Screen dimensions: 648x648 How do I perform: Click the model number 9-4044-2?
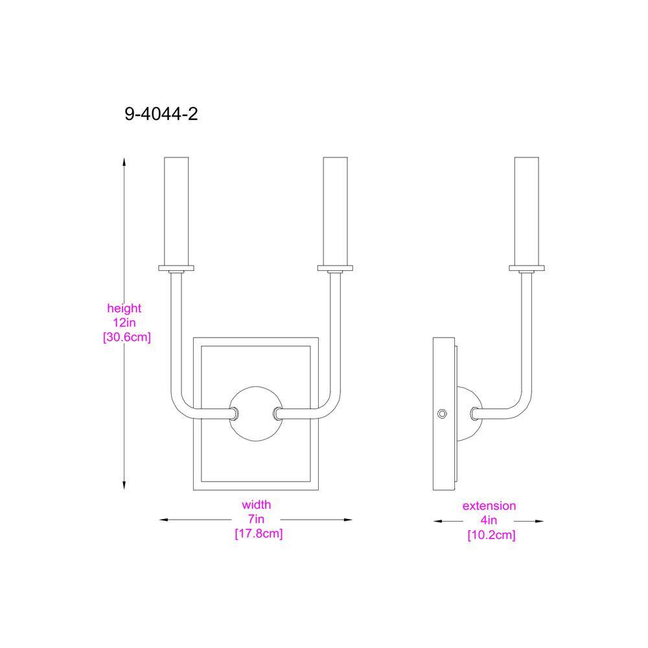pos(161,115)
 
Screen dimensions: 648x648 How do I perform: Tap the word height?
pos(124,309)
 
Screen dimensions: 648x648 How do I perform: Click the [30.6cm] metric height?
pos(127,337)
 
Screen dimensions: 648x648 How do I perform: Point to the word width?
pos(257,505)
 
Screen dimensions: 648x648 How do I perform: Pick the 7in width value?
pos(257,519)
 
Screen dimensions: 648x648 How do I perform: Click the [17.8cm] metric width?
pos(259,535)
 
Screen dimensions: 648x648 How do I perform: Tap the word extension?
pos(489,506)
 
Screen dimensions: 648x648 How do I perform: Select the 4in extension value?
pos(489,520)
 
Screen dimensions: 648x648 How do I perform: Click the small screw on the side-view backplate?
pos(442,413)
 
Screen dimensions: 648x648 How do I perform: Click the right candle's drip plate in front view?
pos(334,267)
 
